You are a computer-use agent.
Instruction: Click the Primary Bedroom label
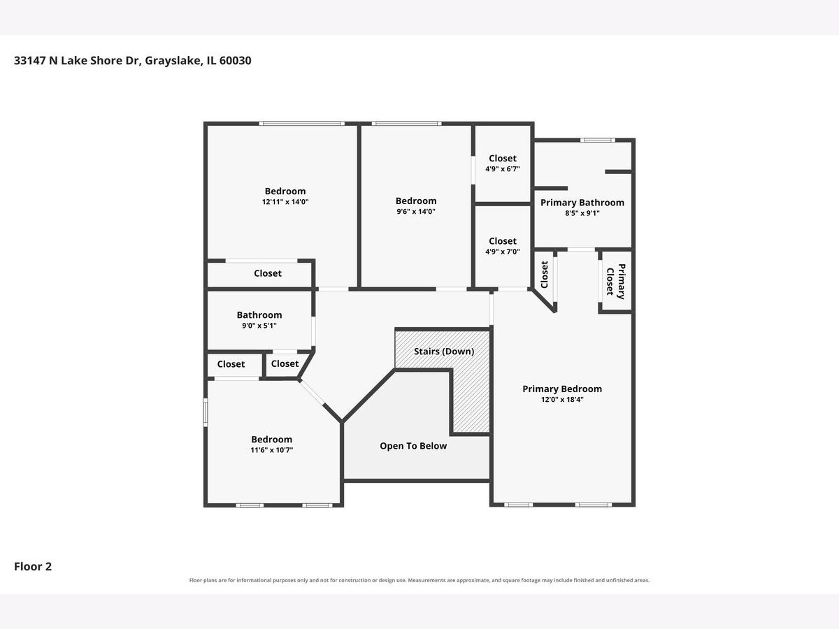tap(562, 389)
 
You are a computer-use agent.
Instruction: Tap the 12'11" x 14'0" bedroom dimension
tap(285, 202)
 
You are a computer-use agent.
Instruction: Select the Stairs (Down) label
tap(444, 352)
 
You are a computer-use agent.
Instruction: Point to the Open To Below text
tap(413, 446)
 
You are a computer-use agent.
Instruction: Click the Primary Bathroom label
tap(582, 203)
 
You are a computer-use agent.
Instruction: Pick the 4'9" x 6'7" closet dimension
tap(503, 169)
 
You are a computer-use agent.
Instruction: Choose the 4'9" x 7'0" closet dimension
tap(503, 252)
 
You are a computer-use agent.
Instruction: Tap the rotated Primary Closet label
tap(616, 282)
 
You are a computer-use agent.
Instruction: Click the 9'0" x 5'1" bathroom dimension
tap(259, 326)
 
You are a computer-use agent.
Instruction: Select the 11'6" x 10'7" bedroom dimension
tap(272, 450)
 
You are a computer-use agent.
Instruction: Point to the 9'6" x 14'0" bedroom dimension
tap(416, 212)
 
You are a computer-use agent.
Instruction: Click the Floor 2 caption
tap(33, 566)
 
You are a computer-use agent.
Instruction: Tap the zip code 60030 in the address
tap(235, 60)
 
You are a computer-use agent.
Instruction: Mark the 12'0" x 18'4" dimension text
tap(562, 400)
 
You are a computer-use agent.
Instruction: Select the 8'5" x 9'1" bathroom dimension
tap(582, 213)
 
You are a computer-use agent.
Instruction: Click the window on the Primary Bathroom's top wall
tap(598, 140)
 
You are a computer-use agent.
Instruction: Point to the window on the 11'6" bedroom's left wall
tap(206, 412)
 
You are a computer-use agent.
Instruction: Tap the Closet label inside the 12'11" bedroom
tap(268, 273)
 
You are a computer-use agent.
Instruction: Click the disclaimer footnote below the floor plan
tap(419, 580)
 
